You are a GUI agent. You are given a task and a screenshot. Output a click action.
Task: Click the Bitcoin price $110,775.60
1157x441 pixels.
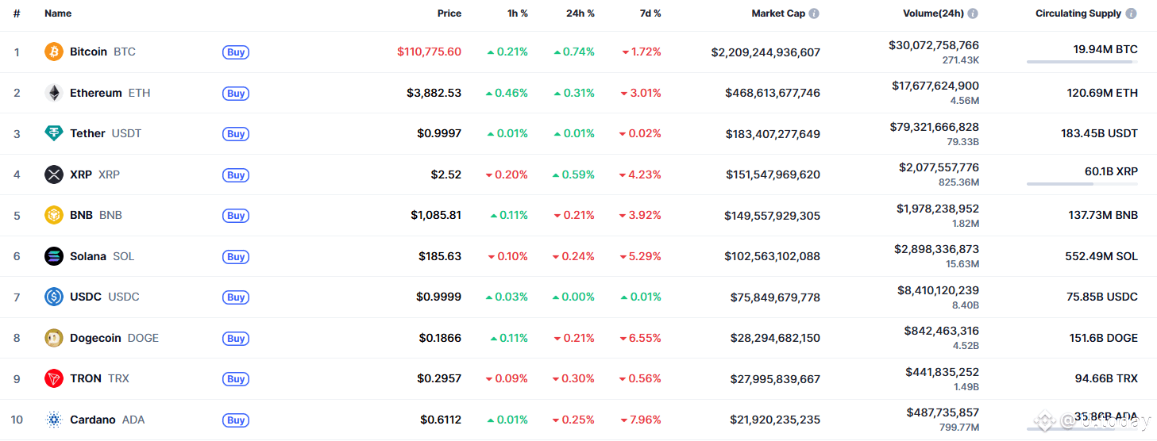pos(429,52)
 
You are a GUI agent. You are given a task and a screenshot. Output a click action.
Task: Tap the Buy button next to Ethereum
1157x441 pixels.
pos(236,94)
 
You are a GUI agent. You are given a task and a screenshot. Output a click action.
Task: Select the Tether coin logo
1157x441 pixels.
pos(54,133)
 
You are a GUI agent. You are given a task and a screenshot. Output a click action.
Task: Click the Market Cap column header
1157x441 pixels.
pos(778,13)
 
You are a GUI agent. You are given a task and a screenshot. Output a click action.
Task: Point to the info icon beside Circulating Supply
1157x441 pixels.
pos(1131,13)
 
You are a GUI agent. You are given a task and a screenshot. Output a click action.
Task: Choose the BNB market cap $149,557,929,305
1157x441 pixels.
pos(772,216)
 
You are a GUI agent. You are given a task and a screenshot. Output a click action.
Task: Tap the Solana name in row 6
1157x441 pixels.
pos(88,256)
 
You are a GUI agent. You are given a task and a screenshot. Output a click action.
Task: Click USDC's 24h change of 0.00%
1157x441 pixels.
pos(574,297)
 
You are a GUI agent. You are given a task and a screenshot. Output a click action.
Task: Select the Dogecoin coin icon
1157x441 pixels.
pos(54,338)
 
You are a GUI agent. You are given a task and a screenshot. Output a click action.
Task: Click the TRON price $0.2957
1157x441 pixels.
pos(440,378)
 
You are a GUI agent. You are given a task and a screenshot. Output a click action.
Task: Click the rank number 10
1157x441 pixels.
pos(17,420)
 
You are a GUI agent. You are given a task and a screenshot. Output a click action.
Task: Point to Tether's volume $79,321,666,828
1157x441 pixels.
pos(935,127)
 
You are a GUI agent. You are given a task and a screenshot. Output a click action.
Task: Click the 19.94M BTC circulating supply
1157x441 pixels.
pos(1105,49)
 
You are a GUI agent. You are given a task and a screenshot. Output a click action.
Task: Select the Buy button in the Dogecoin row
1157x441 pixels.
pos(236,339)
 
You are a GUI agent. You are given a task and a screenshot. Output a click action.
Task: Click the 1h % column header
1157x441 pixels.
pos(518,13)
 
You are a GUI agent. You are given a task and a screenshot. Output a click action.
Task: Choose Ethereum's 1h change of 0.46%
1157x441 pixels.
pos(507,93)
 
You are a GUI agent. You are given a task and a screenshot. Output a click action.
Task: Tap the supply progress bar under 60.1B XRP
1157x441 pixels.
pos(1082,184)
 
